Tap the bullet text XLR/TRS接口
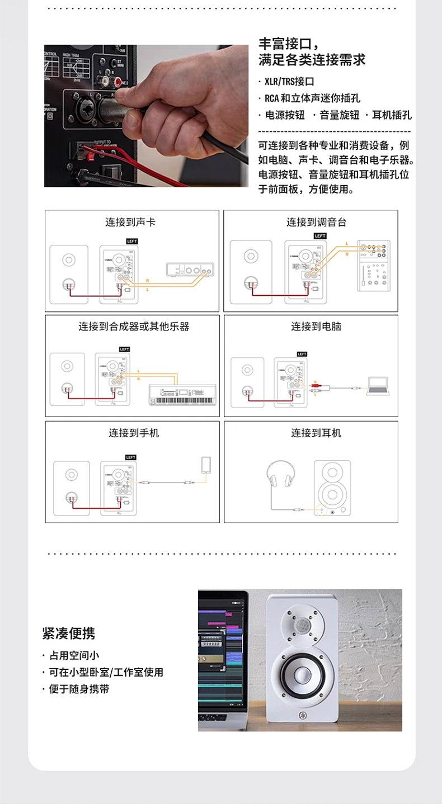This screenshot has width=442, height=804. [289, 81]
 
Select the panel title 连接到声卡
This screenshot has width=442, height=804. [130, 222]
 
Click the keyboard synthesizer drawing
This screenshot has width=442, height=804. [181, 396]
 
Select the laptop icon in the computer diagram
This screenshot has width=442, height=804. [378, 386]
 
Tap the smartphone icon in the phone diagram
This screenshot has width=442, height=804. [206, 465]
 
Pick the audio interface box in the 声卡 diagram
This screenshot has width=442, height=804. [190, 270]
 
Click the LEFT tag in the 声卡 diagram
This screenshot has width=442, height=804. [132, 241]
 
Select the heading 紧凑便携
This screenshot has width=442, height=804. [69, 633]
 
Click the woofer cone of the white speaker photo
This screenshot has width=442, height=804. [302, 677]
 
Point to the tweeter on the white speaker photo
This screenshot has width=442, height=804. [302, 625]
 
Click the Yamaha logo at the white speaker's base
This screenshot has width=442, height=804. [302, 715]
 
